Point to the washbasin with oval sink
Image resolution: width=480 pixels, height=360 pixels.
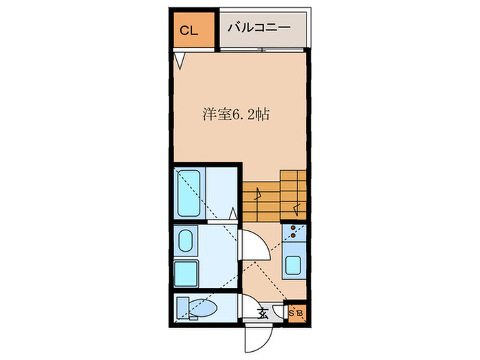(x=186, y=241)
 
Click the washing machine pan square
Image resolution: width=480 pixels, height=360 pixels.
(x=186, y=273)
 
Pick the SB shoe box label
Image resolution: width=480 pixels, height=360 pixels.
(x=296, y=313)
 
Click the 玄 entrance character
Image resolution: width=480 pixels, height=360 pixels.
(x=262, y=313)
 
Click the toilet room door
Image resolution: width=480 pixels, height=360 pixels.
(x=247, y=304)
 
